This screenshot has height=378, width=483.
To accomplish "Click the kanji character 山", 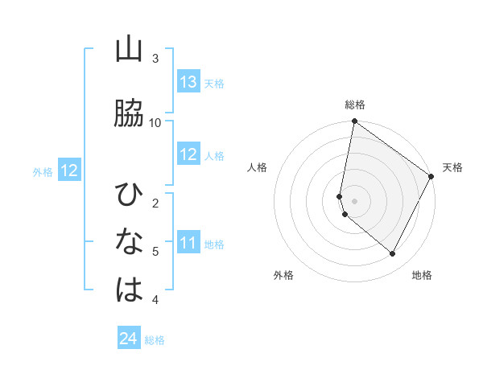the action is point(129,50).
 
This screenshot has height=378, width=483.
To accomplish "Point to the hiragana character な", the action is point(129,241).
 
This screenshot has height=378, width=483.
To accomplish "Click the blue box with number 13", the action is point(188,82).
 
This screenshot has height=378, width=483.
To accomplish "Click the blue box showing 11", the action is point(188,243).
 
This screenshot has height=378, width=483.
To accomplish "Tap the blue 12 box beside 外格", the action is point(68,171).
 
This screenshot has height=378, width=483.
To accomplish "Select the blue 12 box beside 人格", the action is point(188,154).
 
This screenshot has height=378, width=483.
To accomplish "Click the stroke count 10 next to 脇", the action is point(155,122).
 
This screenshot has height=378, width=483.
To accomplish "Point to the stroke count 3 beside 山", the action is point(155,58).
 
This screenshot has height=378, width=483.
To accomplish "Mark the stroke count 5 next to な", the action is point(155,251).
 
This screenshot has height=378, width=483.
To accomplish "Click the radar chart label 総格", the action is point(355,105).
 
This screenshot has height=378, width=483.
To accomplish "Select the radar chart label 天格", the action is point(452,167).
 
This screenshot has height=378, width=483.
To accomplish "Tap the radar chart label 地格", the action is point(422,275).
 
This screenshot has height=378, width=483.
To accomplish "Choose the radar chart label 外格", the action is point(283,275).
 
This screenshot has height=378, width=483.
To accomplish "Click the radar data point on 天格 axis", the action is point(431,176).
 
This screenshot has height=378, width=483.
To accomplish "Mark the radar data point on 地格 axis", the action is point(393,253).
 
